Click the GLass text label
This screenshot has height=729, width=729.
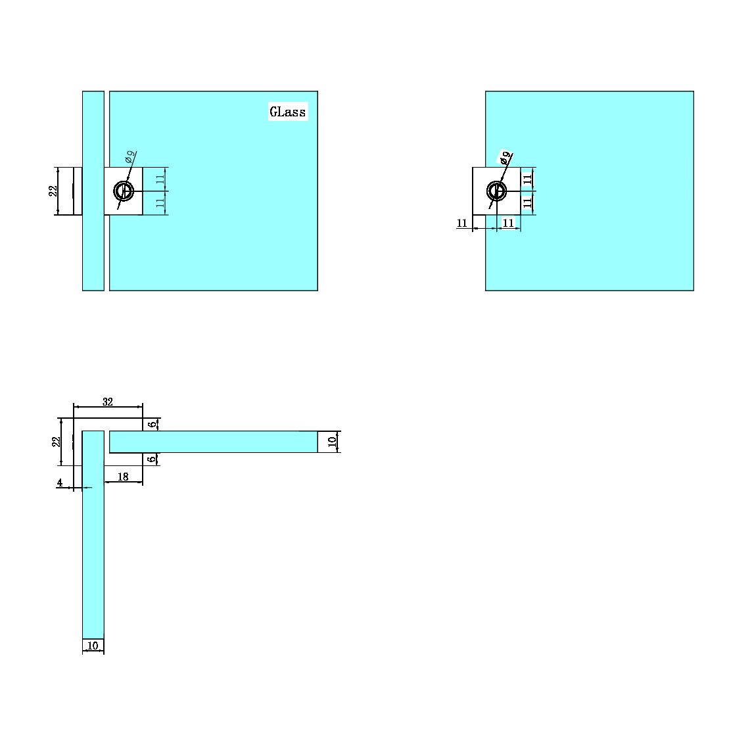point(287,112)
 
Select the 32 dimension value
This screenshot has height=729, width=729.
point(108,402)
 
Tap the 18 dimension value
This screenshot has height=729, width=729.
point(123,477)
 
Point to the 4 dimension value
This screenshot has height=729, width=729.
point(60,482)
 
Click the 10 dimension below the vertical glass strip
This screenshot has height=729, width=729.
point(93,646)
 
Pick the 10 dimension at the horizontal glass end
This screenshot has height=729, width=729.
point(332,442)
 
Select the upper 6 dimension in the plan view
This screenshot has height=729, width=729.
point(152,424)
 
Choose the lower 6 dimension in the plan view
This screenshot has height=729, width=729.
point(152,459)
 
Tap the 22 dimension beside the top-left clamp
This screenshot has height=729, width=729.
point(53,191)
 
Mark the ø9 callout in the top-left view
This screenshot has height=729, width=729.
point(130,157)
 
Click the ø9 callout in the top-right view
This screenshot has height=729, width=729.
point(504,158)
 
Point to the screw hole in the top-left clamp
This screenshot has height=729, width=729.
point(124,191)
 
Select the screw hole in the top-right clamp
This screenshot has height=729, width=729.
point(496,191)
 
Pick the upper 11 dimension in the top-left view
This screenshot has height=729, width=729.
point(160,179)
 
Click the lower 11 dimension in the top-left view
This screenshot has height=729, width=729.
point(160,203)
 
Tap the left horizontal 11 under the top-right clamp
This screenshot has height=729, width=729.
point(462,223)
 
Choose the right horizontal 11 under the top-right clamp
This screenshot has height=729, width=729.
point(508,223)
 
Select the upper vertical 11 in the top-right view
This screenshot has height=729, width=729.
point(527,179)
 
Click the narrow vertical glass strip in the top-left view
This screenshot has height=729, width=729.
point(93,250)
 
